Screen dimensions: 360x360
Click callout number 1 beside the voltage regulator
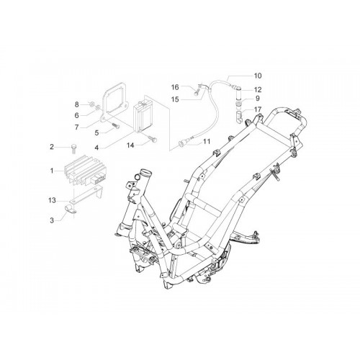coord(52,171)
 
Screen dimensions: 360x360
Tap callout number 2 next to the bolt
coord(52,146)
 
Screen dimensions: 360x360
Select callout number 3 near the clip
coord(52,220)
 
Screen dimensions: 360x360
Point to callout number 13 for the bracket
coord(52,200)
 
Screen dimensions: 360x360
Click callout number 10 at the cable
coord(258,76)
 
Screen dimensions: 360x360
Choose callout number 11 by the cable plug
coord(207,141)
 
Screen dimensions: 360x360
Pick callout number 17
coord(258,109)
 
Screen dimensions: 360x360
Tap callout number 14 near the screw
coord(130,145)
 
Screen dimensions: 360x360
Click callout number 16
coord(175,87)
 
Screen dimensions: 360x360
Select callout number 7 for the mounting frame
coord(76,127)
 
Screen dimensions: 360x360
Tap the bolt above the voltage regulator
coord(73,149)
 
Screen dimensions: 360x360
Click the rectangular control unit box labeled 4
coord(143,117)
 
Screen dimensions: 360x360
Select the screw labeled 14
coord(153,138)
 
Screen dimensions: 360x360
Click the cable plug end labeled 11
coord(181,144)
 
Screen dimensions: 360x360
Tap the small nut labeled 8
coord(91,104)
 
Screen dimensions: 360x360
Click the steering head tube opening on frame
coord(146,173)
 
